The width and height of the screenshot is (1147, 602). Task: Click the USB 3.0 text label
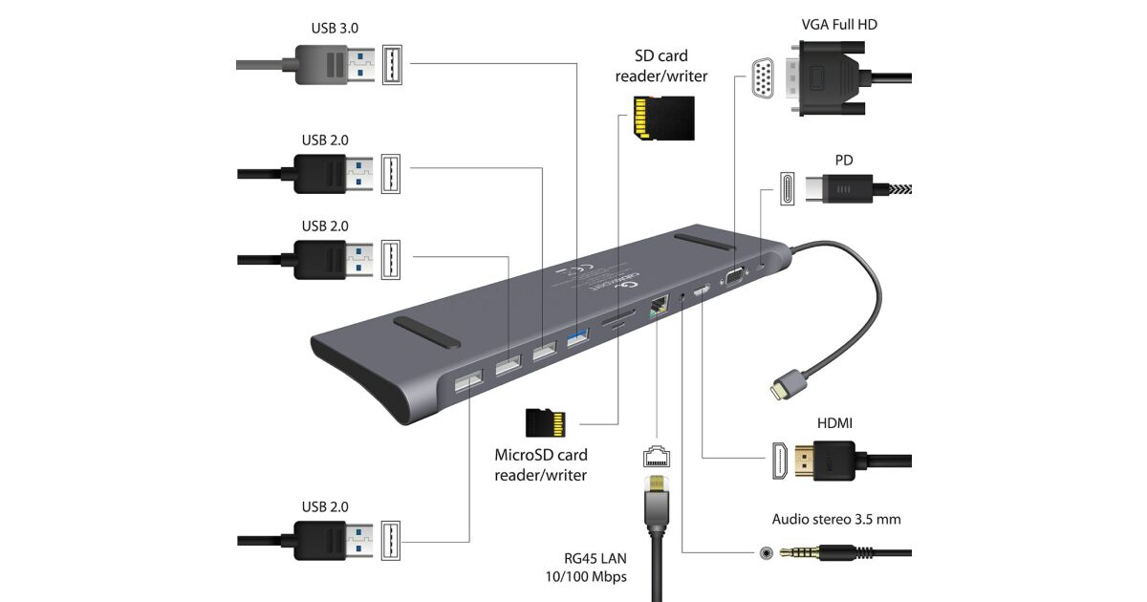coord(335,27)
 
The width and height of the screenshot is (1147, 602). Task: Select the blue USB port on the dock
coord(578,336)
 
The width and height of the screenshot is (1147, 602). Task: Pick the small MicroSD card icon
coord(546,421)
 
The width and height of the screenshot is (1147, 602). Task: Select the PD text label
coord(843,160)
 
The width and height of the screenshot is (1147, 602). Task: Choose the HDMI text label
coord(834,422)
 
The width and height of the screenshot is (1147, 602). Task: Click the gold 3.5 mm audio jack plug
coord(812,552)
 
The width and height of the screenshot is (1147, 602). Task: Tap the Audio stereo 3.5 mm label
coord(836,520)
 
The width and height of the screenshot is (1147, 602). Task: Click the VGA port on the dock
coord(734,276)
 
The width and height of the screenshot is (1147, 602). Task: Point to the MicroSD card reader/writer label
coord(541,464)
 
